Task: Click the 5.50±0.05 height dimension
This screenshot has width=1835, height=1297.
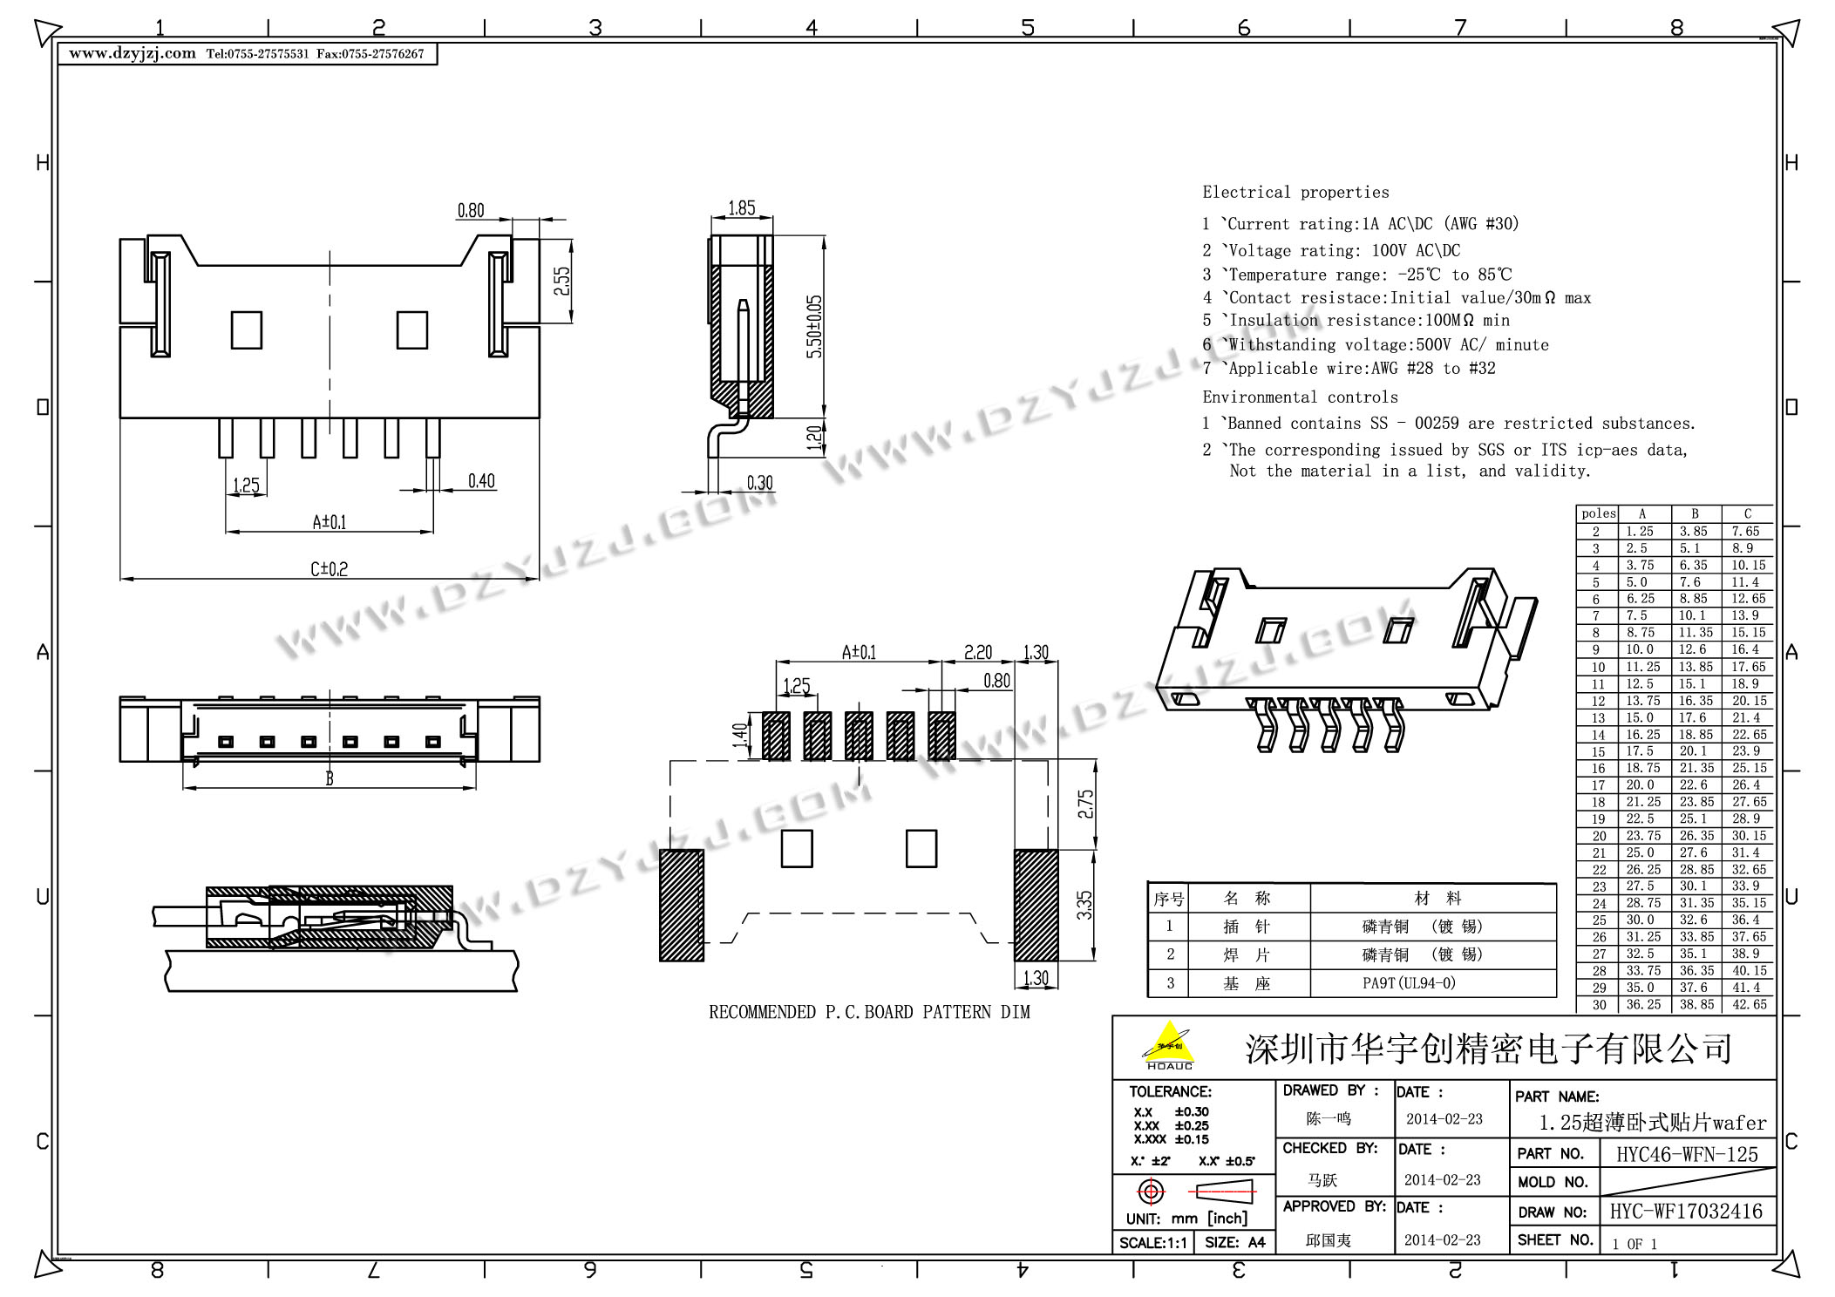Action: pyautogui.click(x=814, y=327)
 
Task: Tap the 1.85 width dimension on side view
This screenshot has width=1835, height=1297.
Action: pyautogui.click(x=742, y=208)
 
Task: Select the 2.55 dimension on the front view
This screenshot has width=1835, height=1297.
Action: pyautogui.click(x=562, y=281)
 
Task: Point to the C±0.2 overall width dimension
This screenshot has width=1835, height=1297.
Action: pyautogui.click(x=330, y=569)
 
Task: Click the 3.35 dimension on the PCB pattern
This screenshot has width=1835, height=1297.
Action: pyautogui.click(x=1084, y=905)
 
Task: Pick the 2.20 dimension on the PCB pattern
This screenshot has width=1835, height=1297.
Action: pyautogui.click(x=978, y=652)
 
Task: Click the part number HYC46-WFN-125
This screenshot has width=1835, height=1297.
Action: pyautogui.click(x=1687, y=1154)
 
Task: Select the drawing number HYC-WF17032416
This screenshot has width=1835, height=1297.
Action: pyautogui.click(x=1686, y=1211)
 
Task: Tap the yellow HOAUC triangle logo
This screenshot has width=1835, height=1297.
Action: pyautogui.click(x=1169, y=1044)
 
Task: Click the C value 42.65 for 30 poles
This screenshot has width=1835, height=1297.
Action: pyautogui.click(x=1749, y=1004)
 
